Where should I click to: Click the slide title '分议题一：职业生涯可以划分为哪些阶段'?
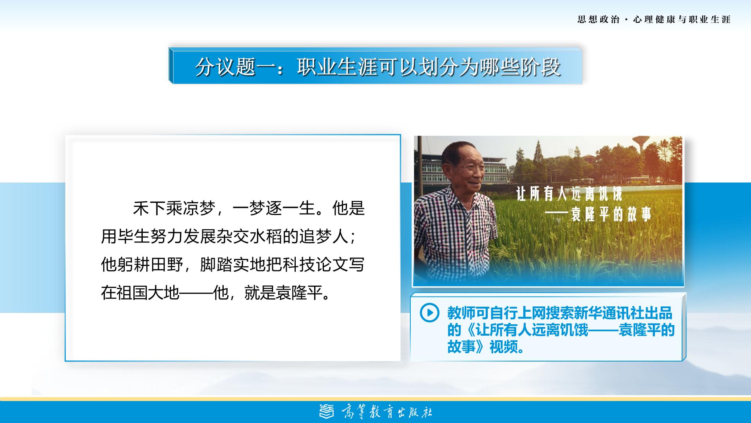378,67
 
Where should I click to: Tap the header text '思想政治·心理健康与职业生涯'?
654,19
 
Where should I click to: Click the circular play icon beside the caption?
429,313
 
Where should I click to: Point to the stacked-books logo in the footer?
327,410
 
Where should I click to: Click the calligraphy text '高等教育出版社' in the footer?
387,411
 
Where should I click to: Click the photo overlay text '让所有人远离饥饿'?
569,194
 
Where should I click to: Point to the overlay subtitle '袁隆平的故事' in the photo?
611,214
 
